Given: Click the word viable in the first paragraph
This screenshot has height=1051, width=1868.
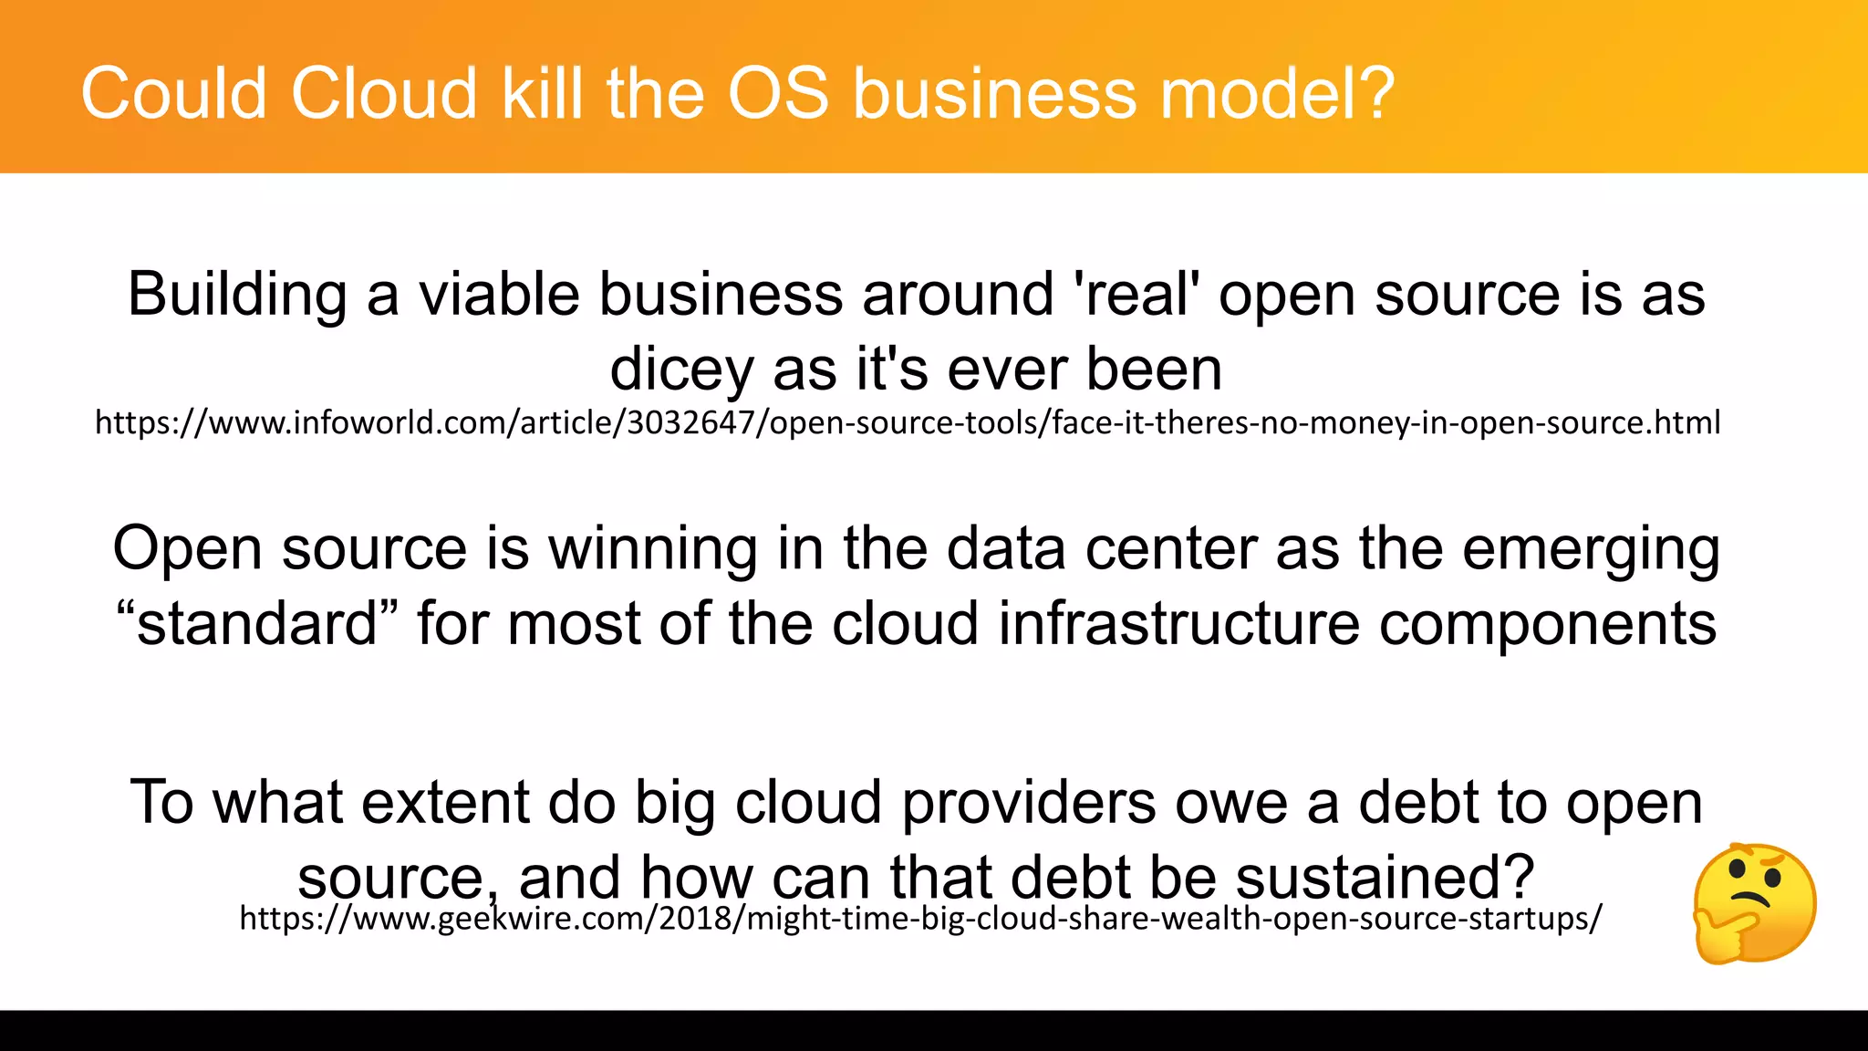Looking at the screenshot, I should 498,295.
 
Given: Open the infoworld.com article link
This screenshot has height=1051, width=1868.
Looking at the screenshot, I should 908,422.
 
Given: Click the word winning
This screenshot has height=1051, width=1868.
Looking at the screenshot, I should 653,549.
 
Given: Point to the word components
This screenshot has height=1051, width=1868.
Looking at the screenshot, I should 1547,626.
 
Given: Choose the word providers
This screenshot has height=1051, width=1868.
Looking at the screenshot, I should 1028,804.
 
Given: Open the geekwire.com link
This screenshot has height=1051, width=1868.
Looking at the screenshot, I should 919,918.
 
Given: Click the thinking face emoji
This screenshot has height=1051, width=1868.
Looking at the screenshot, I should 1754,903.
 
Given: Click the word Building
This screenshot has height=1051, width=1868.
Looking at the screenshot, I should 237,296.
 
